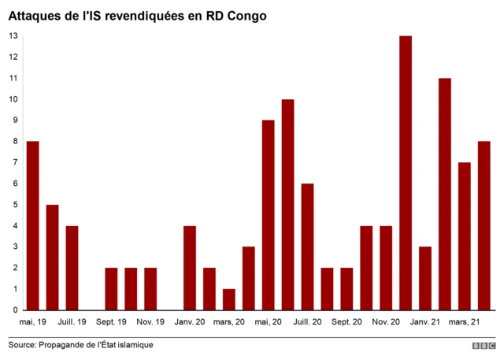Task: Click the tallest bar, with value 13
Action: pyautogui.click(x=406, y=173)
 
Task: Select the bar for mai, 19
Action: pyautogui.click(x=32, y=225)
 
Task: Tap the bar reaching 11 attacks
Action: pyautogui.click(x=445, y=194)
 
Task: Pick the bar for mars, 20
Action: pyautogui.click(x=228, y=299)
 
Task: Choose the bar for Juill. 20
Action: pyautogui.click(x=307, y=247)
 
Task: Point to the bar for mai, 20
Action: pyautogui.click(x=268, y=215)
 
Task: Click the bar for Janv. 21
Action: pyautogui.click(x=425, y=278)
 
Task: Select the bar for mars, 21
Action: pyautogui.click(x=465, y=236)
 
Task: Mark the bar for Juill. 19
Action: pyautogui.click(x=72, y=268)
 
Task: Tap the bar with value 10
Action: pyautogui.click(x=287, y=205)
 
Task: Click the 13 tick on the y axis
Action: pyautogui.click(x=13, y=36)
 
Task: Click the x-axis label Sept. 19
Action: pyautogui.click(x=111, y=321)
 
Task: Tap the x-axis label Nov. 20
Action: pyautogui.click(x=386, y=321)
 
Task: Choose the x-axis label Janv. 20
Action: pyautogui.click(x=190, y=321)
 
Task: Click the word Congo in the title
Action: pyautogui.click(x=245, y=15)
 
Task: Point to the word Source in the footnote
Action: pyautogui.click(x=24, y=345)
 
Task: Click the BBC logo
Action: pyautogui.click(x=484, y=346)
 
